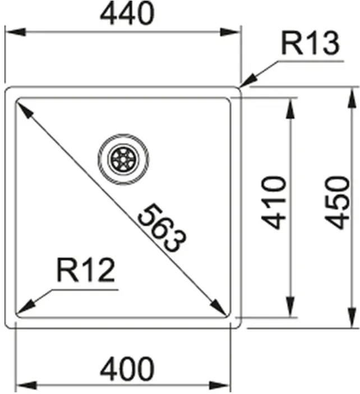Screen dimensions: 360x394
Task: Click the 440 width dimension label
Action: (127, 13)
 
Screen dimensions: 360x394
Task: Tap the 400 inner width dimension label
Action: (127, 369)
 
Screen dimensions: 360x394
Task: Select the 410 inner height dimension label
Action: (274, 203)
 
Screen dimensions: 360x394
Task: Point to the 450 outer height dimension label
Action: (337, 203)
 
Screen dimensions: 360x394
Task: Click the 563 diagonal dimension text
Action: (162, 228)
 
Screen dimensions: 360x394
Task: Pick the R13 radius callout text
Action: (311, 43)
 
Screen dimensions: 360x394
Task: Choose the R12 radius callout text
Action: (86, 270)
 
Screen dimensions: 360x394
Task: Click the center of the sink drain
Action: (123, 159)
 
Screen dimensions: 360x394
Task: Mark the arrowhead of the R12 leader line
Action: (25, 307)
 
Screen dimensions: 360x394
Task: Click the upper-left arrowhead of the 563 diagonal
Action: (25, 108)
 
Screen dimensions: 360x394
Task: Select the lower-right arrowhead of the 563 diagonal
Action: (218, 307)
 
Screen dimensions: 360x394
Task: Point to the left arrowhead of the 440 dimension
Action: (15, 32)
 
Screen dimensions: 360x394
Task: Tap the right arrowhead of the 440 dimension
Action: (230, 32)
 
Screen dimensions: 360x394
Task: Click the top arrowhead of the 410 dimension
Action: (290, 109)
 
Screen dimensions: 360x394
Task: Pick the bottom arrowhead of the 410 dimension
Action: (290, 307)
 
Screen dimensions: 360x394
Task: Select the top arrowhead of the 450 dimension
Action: (353, 98)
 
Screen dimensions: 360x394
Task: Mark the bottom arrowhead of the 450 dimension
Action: (353, 318)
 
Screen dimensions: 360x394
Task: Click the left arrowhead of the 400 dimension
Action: (26, 386)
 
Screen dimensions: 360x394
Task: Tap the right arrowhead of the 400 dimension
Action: (219, 386)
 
